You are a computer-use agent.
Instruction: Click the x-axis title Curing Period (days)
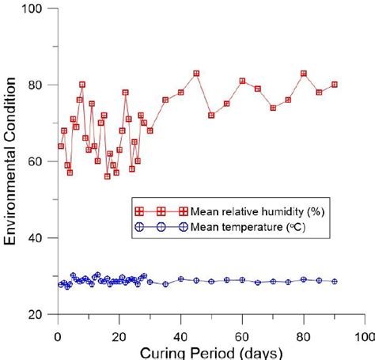point(209,351)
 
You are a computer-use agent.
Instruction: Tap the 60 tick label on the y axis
point(40,161)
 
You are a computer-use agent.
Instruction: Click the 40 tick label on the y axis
point(40,238)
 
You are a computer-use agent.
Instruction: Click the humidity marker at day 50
point(211,116)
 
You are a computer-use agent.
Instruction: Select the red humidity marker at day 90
point(335,85)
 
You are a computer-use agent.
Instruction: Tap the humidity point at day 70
point(273,108)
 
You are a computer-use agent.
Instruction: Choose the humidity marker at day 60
point(242,81)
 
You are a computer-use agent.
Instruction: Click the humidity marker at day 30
point(150,131)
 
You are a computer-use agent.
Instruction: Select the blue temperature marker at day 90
point(335,281)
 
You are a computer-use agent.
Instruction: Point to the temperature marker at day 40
point(180,279)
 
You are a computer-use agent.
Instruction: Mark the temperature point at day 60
point(242,280)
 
